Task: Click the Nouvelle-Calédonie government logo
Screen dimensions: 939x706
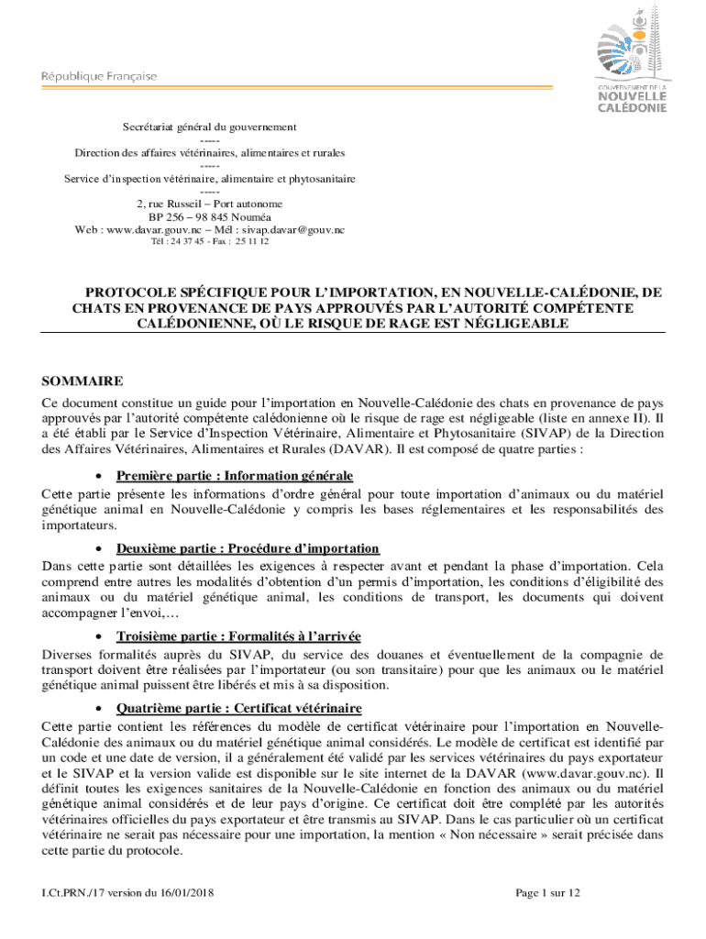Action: click(633, 57)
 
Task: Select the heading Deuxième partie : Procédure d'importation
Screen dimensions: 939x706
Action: click(248, 548)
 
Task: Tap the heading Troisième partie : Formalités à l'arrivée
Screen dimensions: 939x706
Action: click(238, 635)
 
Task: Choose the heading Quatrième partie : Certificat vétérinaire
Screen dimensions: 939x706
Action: click(239, 708)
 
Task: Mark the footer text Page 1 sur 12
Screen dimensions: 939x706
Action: click(548, 892)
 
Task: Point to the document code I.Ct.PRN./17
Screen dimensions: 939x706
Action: click(66, 892)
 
